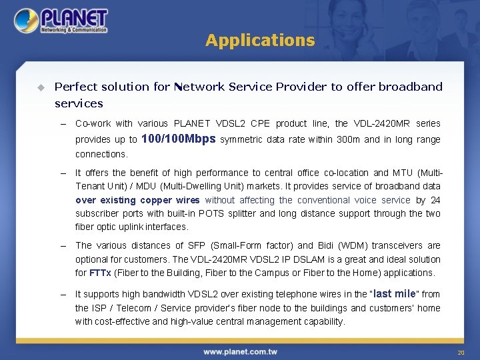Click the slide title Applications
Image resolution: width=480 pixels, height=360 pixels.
tap(260, 41)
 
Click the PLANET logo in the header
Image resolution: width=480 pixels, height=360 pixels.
tap(61, 21)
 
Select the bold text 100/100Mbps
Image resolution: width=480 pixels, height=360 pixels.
tap(179, 139)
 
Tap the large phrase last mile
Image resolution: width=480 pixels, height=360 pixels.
tap(396, 293)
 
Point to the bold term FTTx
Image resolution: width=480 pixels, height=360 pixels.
tap(100, 273)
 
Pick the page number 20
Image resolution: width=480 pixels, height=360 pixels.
tap(460, 353)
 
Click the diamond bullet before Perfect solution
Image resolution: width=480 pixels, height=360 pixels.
tap(40, 87)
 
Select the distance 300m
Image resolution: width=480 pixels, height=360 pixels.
tap(349, 140)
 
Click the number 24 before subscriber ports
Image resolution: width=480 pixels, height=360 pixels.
tap(435, 200)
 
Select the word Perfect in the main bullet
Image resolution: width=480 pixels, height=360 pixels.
tap(75, 87)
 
